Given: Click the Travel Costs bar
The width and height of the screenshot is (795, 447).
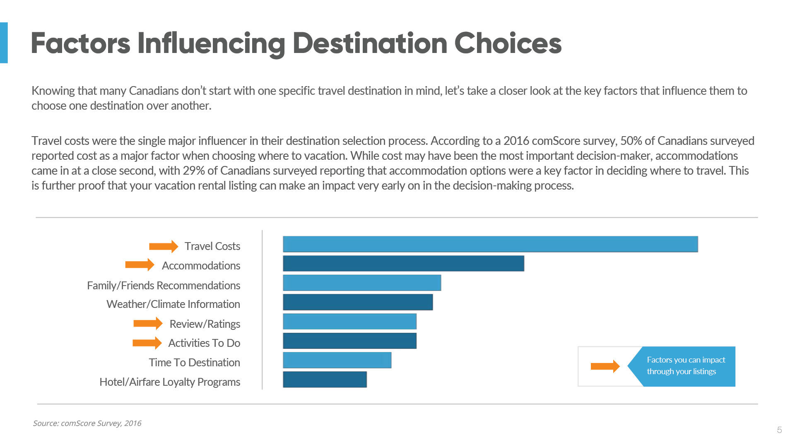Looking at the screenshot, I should [x=490, y=244].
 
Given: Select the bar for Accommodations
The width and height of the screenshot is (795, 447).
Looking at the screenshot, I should [x=403, y=264].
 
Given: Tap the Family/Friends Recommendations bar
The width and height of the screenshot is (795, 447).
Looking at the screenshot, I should [x=362, y=283].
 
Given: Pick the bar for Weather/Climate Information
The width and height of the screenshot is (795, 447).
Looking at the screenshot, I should [x=358, y=302].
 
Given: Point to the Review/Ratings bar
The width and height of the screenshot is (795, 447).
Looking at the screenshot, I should [x=349, y=322].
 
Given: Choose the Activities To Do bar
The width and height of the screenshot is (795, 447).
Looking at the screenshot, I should [x=349, y=341].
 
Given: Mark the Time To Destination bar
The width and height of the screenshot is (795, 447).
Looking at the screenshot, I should [x=337, y=360].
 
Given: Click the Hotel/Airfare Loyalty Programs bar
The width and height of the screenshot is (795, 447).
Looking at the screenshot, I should [x=325, y=380].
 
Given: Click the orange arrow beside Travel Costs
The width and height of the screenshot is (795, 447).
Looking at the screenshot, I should [x=164, y=247].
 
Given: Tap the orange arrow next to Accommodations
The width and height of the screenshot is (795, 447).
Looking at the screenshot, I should [x=140, y=265].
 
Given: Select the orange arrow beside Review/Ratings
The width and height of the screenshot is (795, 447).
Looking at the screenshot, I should [x=148, y=323].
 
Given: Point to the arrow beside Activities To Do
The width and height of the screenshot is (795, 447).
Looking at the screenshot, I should [x=147, y=343].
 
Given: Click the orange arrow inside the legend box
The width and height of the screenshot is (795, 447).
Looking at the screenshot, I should [x=605, y=366].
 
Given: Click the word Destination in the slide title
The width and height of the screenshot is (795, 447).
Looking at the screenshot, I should [x=370, y=43].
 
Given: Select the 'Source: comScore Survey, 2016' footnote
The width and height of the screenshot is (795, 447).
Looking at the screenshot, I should [x=87, y=423].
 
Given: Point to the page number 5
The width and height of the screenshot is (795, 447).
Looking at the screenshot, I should [x=779, y=430].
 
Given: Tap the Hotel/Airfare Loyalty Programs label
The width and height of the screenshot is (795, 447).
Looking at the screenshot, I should [x=170, y=382].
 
